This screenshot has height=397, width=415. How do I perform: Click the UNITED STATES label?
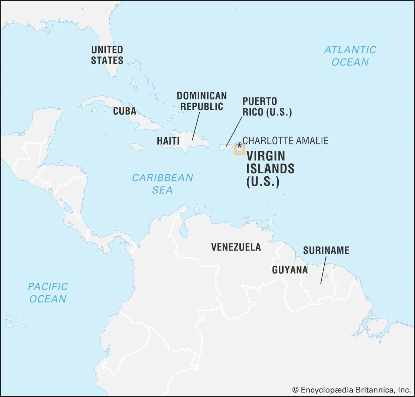(107, 55)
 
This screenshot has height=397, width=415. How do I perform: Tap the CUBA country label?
(124, 111)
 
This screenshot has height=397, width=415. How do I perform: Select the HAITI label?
(168, 141)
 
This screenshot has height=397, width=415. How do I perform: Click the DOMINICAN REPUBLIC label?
(202, 101)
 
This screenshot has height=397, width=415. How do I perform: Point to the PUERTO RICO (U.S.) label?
(267, 107)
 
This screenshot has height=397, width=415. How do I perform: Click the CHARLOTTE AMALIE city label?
(286, 141)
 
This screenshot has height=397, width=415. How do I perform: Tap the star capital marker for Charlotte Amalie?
(239, 145)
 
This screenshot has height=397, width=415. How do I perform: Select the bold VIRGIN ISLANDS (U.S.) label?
(270, 169)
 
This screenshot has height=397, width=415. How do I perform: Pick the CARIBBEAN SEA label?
(162, 184)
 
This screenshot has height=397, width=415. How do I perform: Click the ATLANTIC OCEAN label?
(350, 56)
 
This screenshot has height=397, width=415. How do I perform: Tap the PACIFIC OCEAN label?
(48, 293)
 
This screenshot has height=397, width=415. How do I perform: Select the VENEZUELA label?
(236, 247)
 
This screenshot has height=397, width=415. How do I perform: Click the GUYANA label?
(290, 270)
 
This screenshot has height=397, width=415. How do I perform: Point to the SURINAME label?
(326, 250)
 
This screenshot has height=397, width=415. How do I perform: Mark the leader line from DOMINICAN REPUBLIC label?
(196, 126)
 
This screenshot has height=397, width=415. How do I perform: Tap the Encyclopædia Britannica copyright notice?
(351, 390)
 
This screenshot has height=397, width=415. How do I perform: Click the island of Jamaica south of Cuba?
(138, 148)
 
